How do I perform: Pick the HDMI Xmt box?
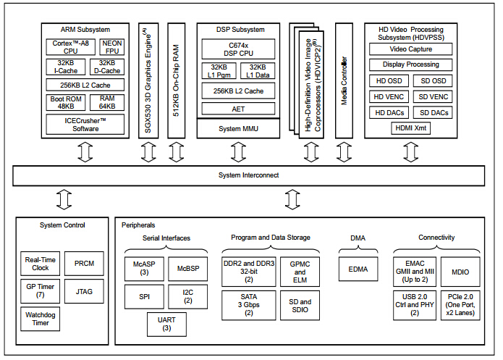pos(410,127)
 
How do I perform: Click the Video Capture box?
pos(410,49)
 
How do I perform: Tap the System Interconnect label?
pos(248,175)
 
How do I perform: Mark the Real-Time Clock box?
pos(40,264)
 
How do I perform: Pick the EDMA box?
pos(358,269)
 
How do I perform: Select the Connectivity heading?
pos(436,238)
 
